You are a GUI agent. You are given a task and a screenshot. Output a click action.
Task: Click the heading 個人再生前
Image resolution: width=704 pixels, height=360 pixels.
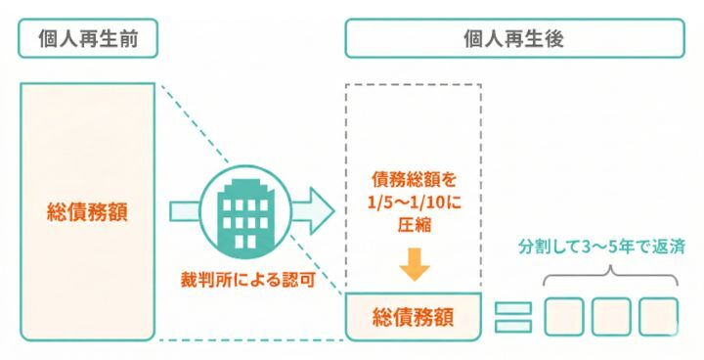pyautogui.click(x=87, y=38)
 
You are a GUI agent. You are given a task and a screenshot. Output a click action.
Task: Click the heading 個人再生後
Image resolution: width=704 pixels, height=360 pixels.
pyautogui.click(x=513, y=38)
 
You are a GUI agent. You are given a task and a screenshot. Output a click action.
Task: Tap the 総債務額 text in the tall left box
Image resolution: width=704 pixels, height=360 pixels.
pyautogui.click(x=87, y=210)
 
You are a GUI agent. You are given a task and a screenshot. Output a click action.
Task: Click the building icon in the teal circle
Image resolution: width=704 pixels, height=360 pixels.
pyautogui.click(x=239, y=211)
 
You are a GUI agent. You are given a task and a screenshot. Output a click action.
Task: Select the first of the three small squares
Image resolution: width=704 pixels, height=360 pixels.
pyautogui.click(x=564, y=316)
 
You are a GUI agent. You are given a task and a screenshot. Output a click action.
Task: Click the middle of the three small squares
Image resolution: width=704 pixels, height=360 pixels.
pyautogui.click(x=611, y=316)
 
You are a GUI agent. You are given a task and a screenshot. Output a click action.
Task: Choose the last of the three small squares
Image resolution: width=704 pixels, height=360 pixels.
pyautogui.click(x=658, y=316)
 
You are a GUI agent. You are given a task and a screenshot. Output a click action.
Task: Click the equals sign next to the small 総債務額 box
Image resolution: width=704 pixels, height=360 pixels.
pyautogui.click(x=512, y=316)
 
